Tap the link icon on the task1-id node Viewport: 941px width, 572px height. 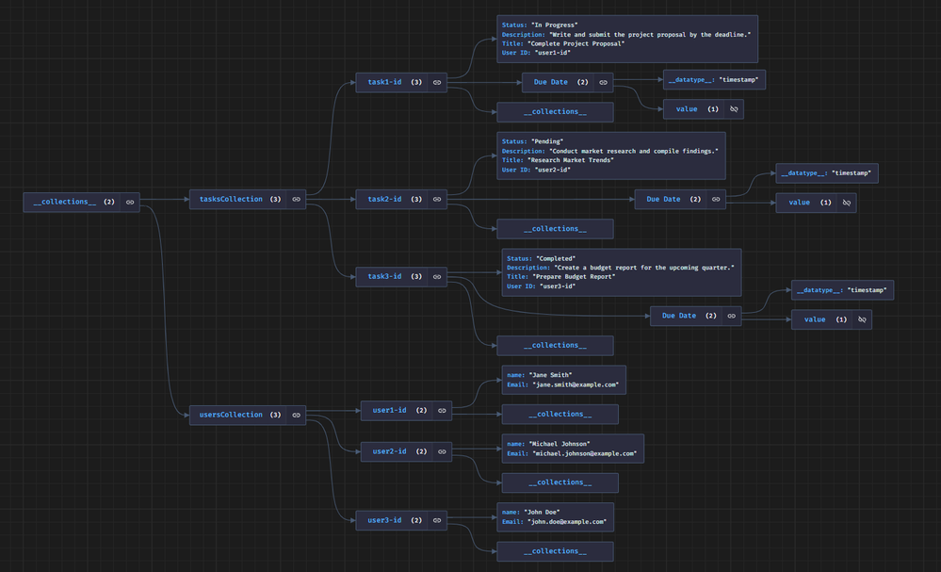point(437,83)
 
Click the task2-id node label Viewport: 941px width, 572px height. point(383,199)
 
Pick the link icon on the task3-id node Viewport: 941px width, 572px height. point(437,277)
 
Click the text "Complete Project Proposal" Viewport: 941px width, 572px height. point(577,43)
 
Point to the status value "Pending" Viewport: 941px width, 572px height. point(547,141)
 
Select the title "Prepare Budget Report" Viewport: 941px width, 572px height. point(576,277)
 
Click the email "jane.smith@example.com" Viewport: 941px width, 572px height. point(576,384)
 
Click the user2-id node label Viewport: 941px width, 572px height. point(389,451)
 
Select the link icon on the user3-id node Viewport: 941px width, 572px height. point(437,520)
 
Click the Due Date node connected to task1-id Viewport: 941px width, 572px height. point(551,83)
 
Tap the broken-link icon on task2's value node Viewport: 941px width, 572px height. point(846,203)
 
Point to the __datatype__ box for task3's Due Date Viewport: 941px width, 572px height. point(842,290)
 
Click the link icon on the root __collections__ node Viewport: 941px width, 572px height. point(130,202)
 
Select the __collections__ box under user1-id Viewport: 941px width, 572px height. point(560,415)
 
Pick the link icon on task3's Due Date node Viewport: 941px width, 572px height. point(731,316)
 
